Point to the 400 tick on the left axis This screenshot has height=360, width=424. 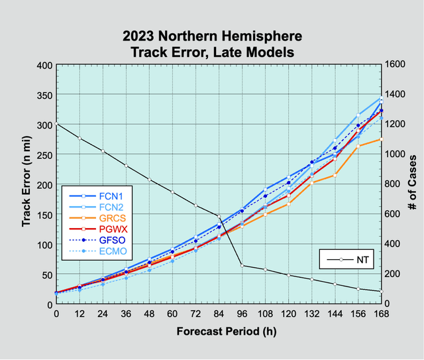(42, 66)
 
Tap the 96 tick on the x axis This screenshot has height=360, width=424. (242, 314)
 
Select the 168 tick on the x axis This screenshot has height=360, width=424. (381, 314)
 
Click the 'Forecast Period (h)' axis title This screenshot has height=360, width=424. (218, 331)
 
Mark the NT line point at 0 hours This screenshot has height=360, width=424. (56, 125)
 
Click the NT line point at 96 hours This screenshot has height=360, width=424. (242, 265)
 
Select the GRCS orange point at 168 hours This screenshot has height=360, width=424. (381, 139)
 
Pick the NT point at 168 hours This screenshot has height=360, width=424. (381, 291)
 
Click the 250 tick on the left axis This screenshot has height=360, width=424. (42, 155)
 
